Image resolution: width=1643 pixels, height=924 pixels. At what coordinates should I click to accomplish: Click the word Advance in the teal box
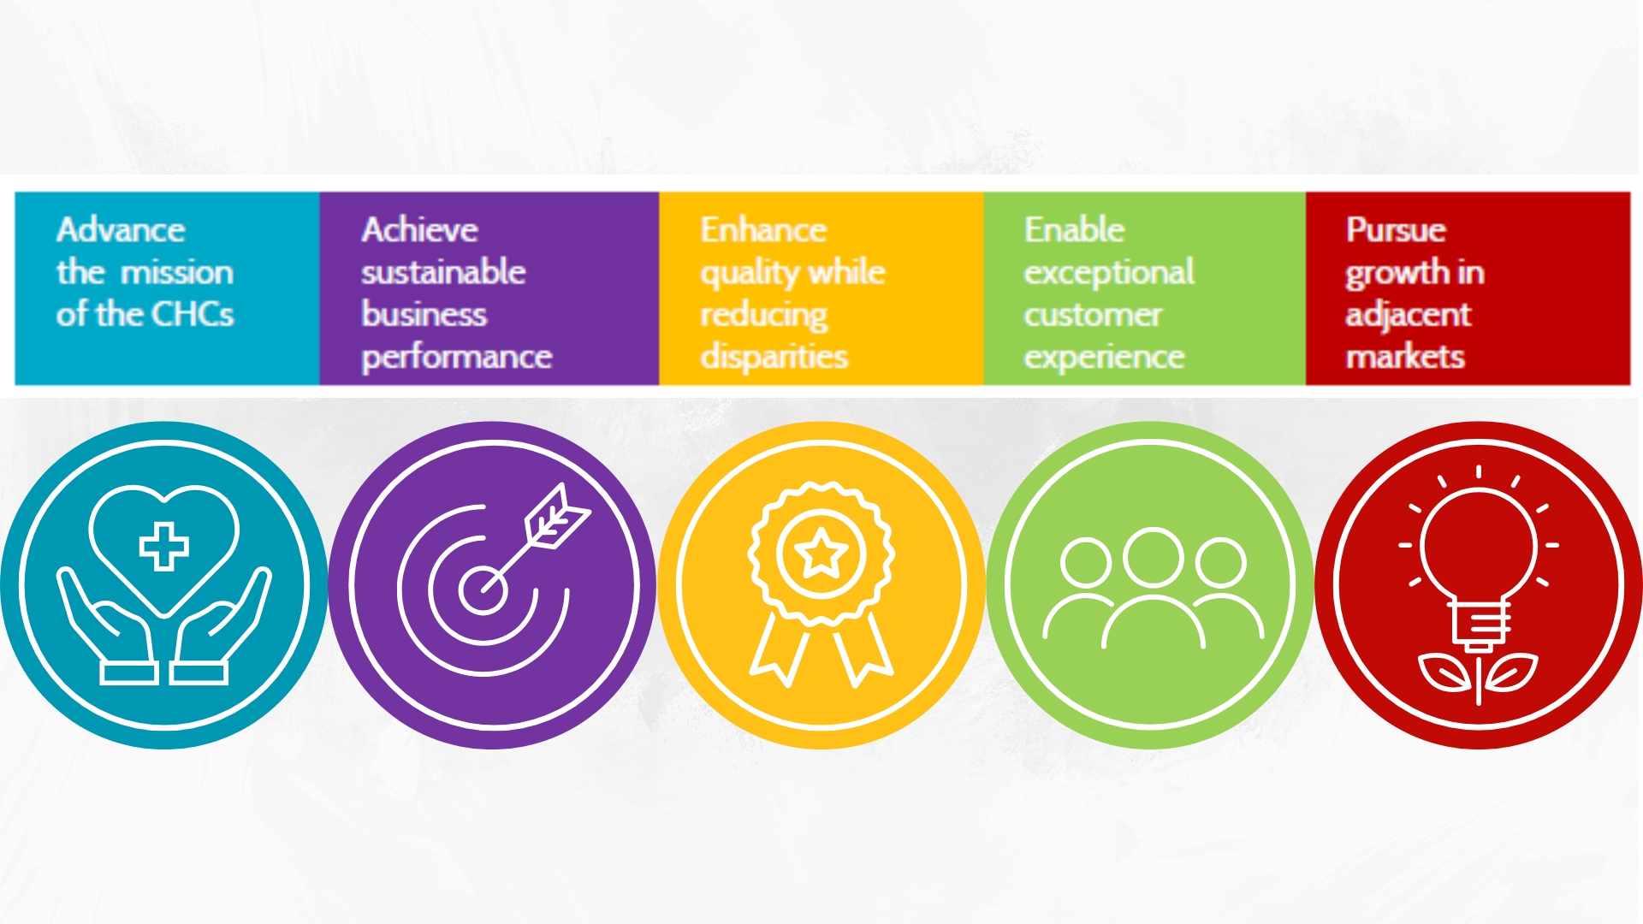(121, 229)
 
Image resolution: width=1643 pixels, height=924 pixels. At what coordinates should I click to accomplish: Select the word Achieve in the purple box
(419, 229)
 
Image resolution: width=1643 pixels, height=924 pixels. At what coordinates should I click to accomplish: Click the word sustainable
(443, 271)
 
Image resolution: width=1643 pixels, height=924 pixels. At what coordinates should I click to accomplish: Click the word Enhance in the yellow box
(763, 229)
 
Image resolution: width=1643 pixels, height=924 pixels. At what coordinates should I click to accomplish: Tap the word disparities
(774, 357)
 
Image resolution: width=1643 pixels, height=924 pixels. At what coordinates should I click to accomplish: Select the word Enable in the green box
(1074, 229)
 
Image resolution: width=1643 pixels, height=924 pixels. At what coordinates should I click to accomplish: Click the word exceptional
(1109, 273)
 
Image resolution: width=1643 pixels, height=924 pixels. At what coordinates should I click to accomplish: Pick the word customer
(1093, 315)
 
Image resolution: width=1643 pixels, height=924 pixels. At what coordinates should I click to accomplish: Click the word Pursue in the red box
(1396, 229)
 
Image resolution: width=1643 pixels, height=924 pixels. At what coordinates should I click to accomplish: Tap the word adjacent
(1409, 315)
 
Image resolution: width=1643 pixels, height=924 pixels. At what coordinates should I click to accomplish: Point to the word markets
(1405, 357)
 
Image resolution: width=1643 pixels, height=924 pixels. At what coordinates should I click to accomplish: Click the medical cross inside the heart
(163, 546)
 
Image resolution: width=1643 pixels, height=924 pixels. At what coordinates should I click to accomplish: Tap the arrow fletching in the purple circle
(558, 516)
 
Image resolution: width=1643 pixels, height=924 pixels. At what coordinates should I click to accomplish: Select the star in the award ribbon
(821, 554)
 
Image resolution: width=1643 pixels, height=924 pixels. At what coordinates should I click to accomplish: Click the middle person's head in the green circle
(1153, 558)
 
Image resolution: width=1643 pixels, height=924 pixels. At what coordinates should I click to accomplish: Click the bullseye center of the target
(483, 589)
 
